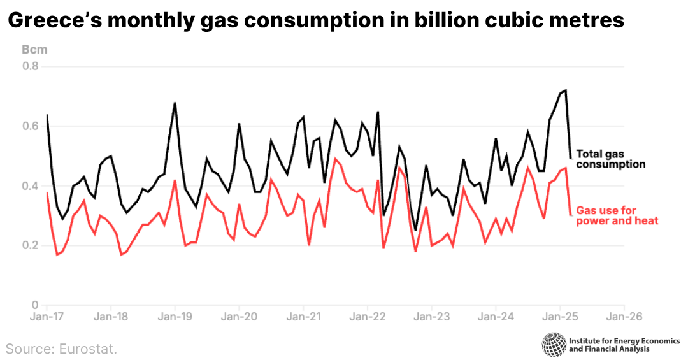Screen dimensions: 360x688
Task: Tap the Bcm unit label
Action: pyautogui.click(x=34, y=49)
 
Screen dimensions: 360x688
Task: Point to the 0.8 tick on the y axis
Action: pyautogui.click(x=31, y=66)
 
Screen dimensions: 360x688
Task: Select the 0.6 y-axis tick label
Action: pyautogui.click(x=31, y=126)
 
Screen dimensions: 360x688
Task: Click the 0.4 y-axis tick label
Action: pyautogui.click(x=31, y=185)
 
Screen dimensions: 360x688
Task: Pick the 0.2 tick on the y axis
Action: pyautogui.click(x=31, y=245)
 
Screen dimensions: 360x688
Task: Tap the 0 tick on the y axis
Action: pyautogui.click(x=35, y=305)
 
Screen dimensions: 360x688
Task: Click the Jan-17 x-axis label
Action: pyautogui.click(x=47, y=316)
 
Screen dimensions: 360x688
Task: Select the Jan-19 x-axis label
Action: pyautogui.click(x=175, y=316)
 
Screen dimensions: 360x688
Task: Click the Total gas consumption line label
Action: pyautogui.click(x=610, y=159)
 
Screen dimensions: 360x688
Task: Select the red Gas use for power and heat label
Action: pyautogui.click(x=617, y=215)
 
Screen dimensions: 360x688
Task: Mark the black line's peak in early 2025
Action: pyautogui.click(x=565, y=90)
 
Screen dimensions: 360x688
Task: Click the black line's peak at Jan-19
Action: pyautogui.click(x=175, y=103)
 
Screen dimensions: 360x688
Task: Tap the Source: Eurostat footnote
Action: pyautogui.click(x=62, y=349)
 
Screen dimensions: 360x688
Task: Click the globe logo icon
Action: pyautogui.click(x=553, y=344)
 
